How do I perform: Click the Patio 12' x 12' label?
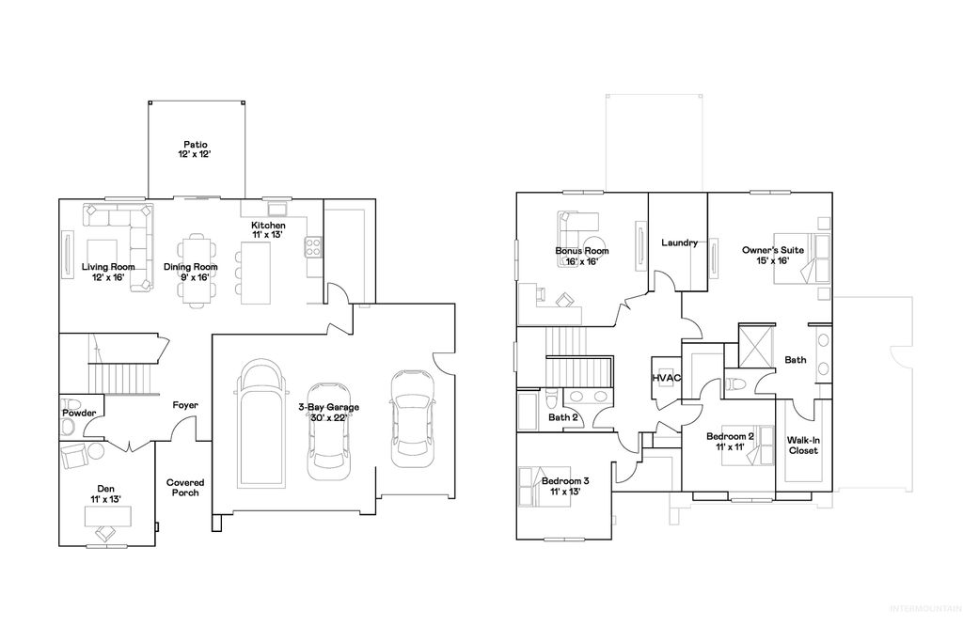[196, 149]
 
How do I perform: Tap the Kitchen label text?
[268, 230]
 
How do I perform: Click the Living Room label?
[108, 272]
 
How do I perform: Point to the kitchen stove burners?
[313, 248]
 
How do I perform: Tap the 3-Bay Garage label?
[329, 412]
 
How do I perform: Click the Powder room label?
[79, 413]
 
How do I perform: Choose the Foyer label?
[185, 405]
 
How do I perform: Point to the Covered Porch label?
[185, 487]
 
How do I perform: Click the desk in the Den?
[105, 516]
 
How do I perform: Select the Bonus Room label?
[581, 256]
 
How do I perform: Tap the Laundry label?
[679, 242]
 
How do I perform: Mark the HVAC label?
[666, 378]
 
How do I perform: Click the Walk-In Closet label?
[802, 445]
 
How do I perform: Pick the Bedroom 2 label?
[731, 442]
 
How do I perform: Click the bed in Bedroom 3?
[531, 487]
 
